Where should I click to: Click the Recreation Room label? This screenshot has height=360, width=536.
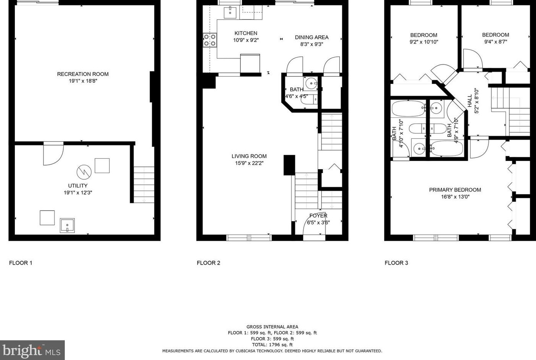[83, 74]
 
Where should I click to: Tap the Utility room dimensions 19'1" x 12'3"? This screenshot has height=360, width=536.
[78, 193]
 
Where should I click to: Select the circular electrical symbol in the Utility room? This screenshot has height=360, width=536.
[84, 172]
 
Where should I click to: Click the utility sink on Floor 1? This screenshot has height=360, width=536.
[67, 225]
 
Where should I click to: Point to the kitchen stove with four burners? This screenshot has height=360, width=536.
[210, 40]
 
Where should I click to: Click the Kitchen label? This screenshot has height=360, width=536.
[246, 33]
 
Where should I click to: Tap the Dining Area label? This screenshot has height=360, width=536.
[311, 37]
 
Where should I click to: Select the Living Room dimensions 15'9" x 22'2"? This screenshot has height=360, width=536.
[249, 163]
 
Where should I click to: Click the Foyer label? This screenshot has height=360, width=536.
[318, 215]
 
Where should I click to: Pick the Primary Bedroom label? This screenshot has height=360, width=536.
[455, 190]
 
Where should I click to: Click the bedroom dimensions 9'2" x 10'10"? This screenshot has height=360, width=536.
[424, 42]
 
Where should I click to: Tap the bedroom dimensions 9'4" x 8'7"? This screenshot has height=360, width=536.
[496, 42]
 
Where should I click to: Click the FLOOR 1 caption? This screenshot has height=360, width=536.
[21, 263]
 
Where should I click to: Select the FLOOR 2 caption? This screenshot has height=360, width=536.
[208, 263]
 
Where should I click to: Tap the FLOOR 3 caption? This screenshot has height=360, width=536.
[396, 263]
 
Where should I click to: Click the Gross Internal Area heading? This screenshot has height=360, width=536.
[272, 327]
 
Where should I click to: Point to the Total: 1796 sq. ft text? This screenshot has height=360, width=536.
[272, 345]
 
